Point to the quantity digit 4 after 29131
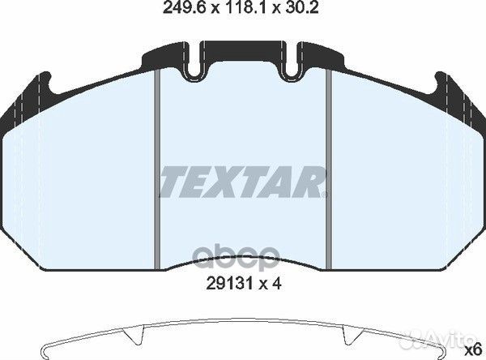(276, 283)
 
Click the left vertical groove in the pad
(157, 169)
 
